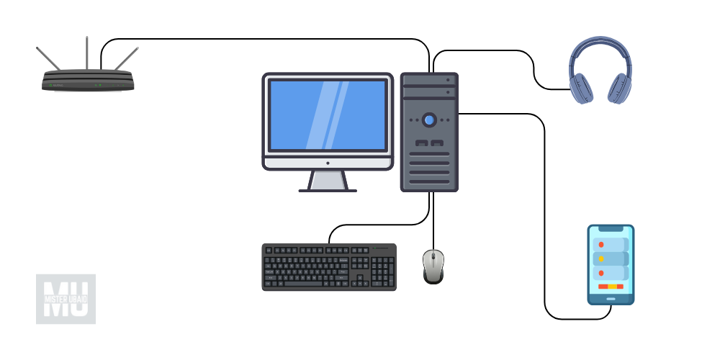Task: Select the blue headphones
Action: click(600, 72)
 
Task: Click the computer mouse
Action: click(433, 266)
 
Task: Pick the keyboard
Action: click(328, 266)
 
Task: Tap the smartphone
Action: click(611, 264)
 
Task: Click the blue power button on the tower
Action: click(429, 120)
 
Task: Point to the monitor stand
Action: click(328, 180)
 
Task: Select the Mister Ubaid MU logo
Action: click(66, 299)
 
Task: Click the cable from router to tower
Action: click(266, 39)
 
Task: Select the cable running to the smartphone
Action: click(544, 216)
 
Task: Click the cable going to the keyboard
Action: click(374, 223)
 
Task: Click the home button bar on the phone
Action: click(611, 299)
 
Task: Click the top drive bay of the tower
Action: click(429, 80)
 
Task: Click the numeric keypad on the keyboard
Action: click(384, 271)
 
